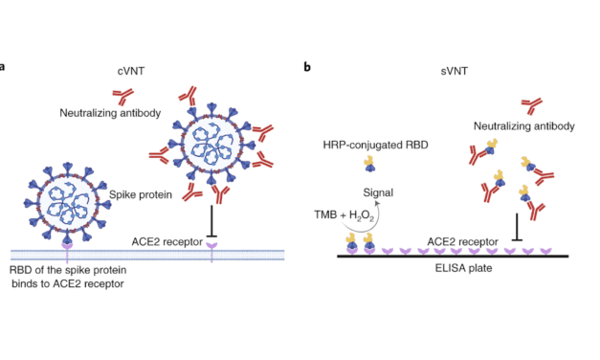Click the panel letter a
click(4, 68)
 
